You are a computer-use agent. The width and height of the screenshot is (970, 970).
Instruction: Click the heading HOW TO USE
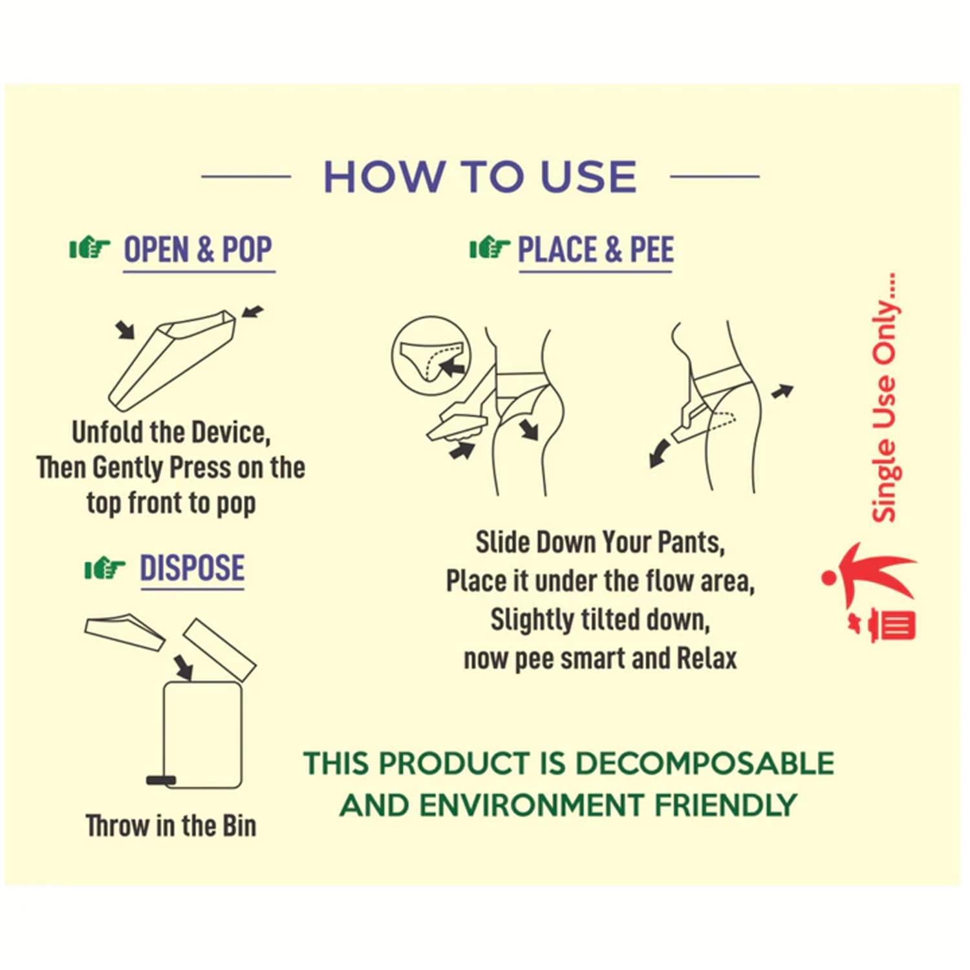[480, 177]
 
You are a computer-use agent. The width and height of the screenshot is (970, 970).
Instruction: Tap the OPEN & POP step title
[198, 250]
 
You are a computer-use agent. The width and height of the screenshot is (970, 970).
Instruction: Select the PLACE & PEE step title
[596, 250]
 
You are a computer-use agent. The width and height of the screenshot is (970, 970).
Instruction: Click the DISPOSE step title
[192, 568]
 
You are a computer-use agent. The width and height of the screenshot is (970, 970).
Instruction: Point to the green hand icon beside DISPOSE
[105, 568]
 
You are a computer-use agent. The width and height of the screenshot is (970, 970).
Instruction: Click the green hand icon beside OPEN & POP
[90, 248]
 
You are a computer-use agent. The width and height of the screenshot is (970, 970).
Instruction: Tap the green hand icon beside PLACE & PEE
[490, 248]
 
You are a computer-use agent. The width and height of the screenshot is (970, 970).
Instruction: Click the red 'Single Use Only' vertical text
[885, 398]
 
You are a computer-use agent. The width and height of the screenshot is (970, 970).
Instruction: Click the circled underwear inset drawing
[431, 356]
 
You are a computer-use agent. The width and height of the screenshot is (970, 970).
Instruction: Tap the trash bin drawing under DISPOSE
[203, 734]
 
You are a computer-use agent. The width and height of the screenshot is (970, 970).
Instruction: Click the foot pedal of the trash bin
[161, 780]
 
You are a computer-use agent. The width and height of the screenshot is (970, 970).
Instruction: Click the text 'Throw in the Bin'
[171, 826]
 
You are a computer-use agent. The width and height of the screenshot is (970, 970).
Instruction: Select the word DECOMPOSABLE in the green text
[704, 764]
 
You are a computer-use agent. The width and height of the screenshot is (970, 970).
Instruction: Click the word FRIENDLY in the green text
[726, 806]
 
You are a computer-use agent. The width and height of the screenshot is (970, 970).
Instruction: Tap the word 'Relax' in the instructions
[707, 659]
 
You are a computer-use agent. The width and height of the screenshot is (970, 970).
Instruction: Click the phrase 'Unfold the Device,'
[171, 432]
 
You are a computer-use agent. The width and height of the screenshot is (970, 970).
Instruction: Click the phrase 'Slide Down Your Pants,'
[600, 542]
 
